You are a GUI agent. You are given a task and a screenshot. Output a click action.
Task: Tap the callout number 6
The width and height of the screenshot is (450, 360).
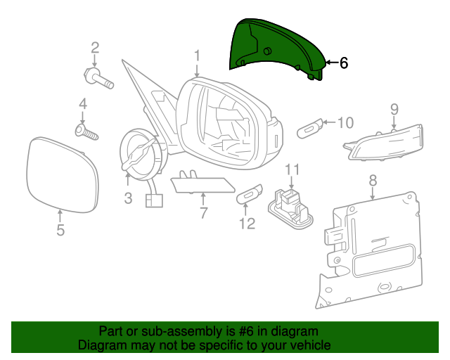(344, 63)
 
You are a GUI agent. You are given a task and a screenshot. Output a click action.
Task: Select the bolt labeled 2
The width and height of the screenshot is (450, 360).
(98, 78)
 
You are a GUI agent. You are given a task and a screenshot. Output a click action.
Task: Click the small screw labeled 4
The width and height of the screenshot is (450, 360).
(86, 132)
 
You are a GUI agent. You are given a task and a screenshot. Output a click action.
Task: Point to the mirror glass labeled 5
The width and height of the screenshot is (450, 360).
(63, 174)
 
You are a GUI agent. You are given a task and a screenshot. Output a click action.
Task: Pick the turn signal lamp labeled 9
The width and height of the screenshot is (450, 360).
(384, 143)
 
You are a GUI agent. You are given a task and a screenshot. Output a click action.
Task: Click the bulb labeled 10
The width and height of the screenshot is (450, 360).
(309, 129)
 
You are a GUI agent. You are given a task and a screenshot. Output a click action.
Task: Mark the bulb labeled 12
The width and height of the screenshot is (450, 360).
(249, 194)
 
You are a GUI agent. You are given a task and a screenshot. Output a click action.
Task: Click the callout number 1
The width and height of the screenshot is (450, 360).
(197, 56)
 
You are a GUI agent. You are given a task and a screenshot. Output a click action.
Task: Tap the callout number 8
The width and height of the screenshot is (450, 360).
(373, 181)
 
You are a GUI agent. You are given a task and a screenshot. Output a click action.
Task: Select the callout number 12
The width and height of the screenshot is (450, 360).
(247, 224)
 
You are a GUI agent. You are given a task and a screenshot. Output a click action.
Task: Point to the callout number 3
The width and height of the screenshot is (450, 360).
(128, 198)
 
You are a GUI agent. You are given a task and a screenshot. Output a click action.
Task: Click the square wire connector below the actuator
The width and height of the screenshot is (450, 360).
(154, 200)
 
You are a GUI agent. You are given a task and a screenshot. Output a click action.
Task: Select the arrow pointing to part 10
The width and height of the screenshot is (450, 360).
(330, 122)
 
